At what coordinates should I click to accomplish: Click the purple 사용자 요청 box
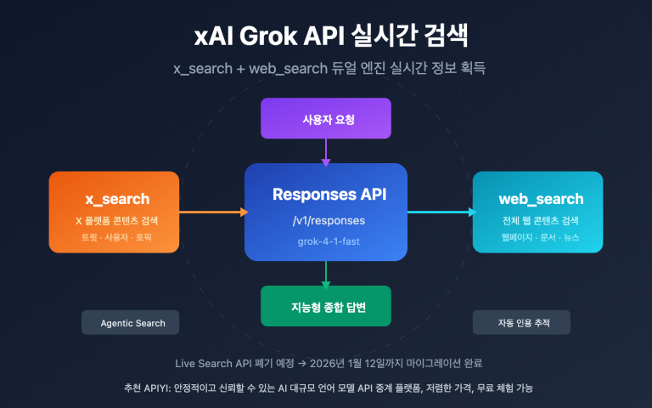pyautogui.click(x=326, y=119)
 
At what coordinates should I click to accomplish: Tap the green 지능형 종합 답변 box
pyautogui.click(x=326, y=305)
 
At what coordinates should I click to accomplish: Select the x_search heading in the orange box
pyautogui.click(x=117, y=199)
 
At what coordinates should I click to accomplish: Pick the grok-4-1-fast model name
pyautogui.click(x=326, y=241)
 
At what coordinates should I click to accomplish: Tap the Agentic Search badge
pyautogui.click(x=132, y=323)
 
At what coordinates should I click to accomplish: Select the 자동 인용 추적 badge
pyautogui.click(x=522, y=323)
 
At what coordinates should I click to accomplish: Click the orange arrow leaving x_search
pyautogui.click(x=212, y=212)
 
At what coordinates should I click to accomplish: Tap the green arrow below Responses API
pyautogui.click(x=326, y=273)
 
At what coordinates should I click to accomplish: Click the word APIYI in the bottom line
pyautogui.click(x=156, y=388)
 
